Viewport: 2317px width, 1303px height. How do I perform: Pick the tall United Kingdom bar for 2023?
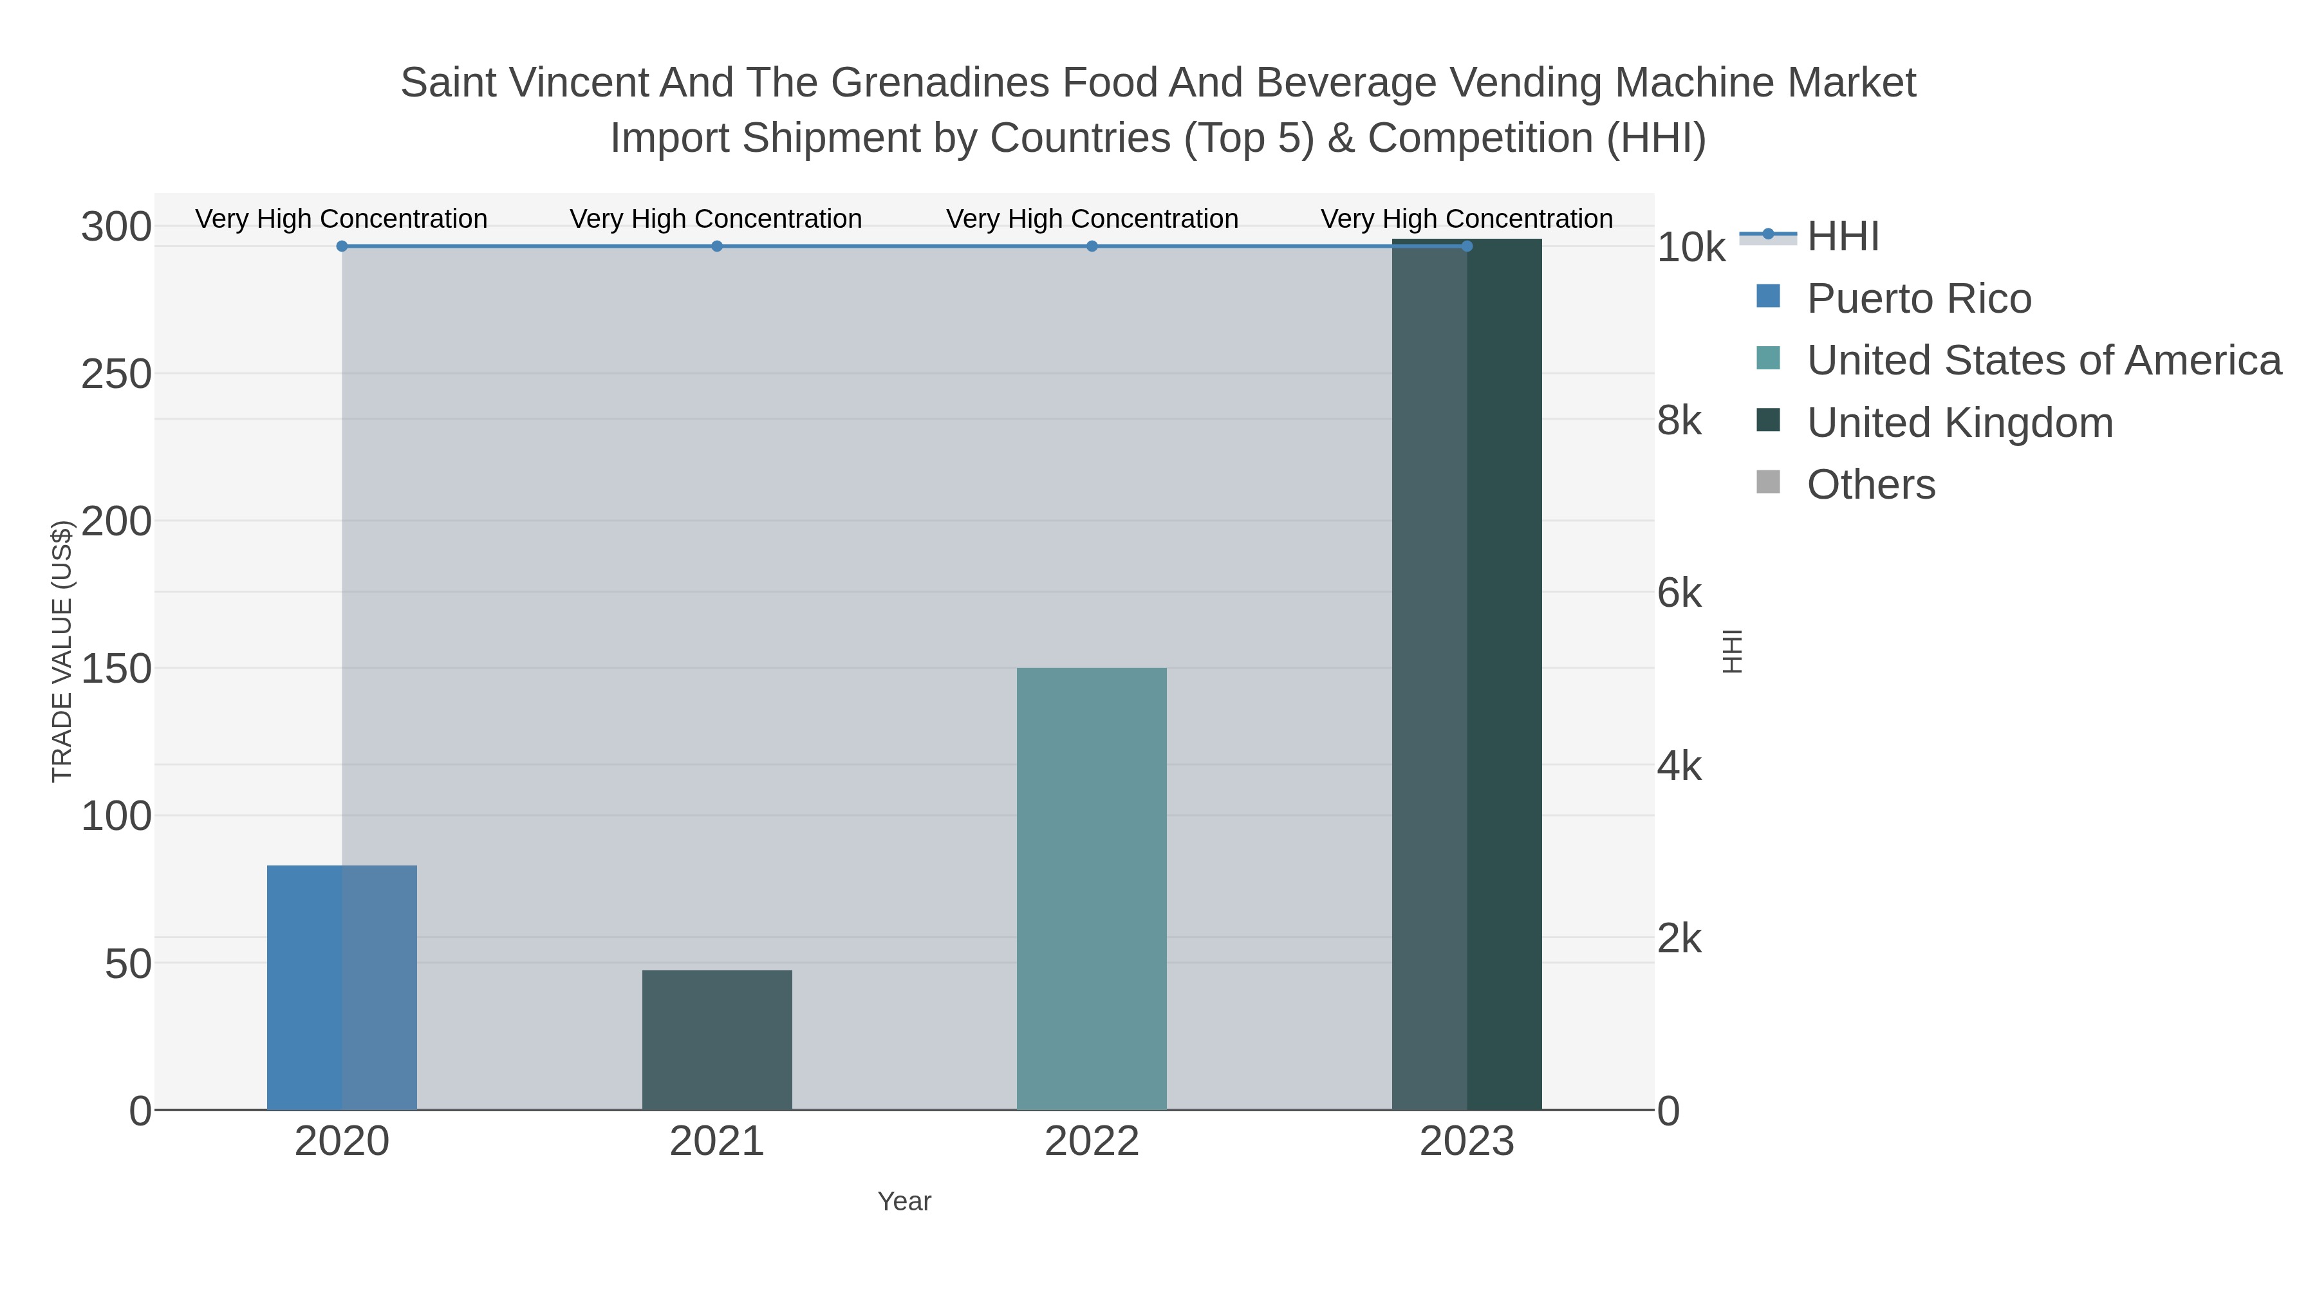1466,674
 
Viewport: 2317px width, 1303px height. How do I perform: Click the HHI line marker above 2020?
342,246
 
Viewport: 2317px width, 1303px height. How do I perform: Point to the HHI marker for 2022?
1091,246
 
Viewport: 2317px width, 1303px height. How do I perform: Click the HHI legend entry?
1842,237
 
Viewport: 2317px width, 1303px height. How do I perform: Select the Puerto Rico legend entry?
1919,299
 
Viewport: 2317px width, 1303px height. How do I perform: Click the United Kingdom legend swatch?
1767,420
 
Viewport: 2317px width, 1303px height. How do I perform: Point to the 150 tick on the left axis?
116,669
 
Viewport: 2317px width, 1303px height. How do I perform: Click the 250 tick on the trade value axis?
116,374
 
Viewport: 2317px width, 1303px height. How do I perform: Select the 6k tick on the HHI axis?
1679,593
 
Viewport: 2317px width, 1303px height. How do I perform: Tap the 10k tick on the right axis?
1690,248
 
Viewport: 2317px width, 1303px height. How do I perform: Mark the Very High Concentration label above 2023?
1466,219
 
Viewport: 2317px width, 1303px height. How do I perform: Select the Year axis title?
904,1201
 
